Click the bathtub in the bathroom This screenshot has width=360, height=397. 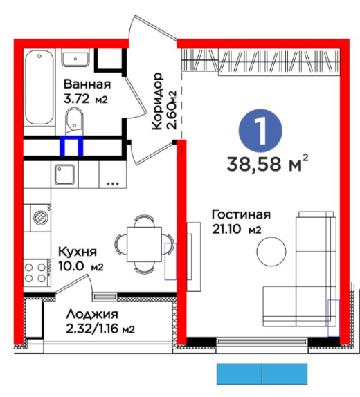39,87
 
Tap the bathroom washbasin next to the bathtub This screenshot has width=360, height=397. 75,57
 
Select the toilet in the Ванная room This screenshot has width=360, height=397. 74,121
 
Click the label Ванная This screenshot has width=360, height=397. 87,84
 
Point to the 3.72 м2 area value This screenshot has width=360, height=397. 86,99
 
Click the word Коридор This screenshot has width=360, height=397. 157,102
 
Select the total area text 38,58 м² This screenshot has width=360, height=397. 267,163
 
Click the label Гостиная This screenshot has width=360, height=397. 241,214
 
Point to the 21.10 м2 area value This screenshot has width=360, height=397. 237,230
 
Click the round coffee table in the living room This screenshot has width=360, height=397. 271,252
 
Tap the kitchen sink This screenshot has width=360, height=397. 65,174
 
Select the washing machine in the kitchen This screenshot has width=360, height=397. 41,218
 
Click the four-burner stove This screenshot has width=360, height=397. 37,273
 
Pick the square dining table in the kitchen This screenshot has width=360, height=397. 144,244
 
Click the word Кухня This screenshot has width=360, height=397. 78,252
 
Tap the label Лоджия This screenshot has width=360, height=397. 92,314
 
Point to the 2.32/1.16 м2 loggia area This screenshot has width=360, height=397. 100,329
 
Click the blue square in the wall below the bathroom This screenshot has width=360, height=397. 71,146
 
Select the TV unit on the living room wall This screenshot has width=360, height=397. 194,257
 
